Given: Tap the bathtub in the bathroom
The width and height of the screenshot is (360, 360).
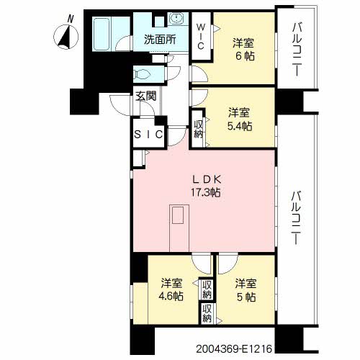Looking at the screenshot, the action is (102, 34).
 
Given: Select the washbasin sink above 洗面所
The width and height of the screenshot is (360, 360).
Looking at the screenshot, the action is (177, 18).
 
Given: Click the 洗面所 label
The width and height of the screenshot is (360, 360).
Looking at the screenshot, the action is (160, 40).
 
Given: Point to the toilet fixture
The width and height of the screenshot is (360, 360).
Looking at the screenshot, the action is (143, 73).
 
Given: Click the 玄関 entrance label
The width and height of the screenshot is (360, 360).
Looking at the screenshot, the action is (145, 96).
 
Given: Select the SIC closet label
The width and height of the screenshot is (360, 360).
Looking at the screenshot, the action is (148, 135).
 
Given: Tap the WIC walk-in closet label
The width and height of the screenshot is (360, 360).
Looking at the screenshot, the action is (201, 36).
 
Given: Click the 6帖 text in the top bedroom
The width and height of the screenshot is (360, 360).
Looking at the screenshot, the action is (245, 56).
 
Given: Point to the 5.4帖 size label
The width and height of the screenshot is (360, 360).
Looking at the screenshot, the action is (240, 126).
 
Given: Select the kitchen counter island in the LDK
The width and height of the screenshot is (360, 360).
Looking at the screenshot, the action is (179, 228).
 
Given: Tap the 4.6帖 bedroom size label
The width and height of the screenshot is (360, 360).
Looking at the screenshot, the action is (171, 297).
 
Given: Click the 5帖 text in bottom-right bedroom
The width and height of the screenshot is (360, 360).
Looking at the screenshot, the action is (246, 297).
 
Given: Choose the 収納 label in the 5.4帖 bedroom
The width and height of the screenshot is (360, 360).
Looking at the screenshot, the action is (199, 129).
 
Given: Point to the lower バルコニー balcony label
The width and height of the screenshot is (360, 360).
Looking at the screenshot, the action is (296, 217).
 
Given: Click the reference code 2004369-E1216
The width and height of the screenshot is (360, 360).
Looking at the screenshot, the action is (234, 348).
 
